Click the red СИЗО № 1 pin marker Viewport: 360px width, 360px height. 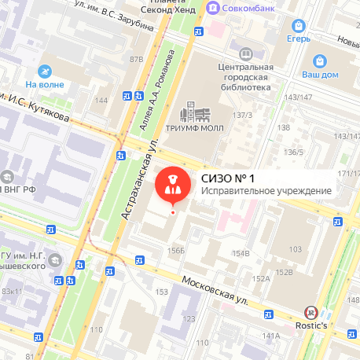pyautogui.click(x=172, y=185)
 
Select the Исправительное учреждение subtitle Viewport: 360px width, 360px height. pyautogui.click(x=266, y=190)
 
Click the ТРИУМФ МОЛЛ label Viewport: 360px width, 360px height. pyautogui.click(x=195, y=128)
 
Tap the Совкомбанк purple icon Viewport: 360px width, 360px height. pyautogui.click(x=211, y=8)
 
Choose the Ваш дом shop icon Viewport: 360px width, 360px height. pyautogui.click(x=320, y=61)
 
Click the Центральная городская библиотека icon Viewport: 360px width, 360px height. pyautogui.click(x=246, y=53)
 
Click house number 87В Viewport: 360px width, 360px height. pyautogui.click(x=137, y=58)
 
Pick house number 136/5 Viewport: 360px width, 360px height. pyautogui.click(x=294, y=152)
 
